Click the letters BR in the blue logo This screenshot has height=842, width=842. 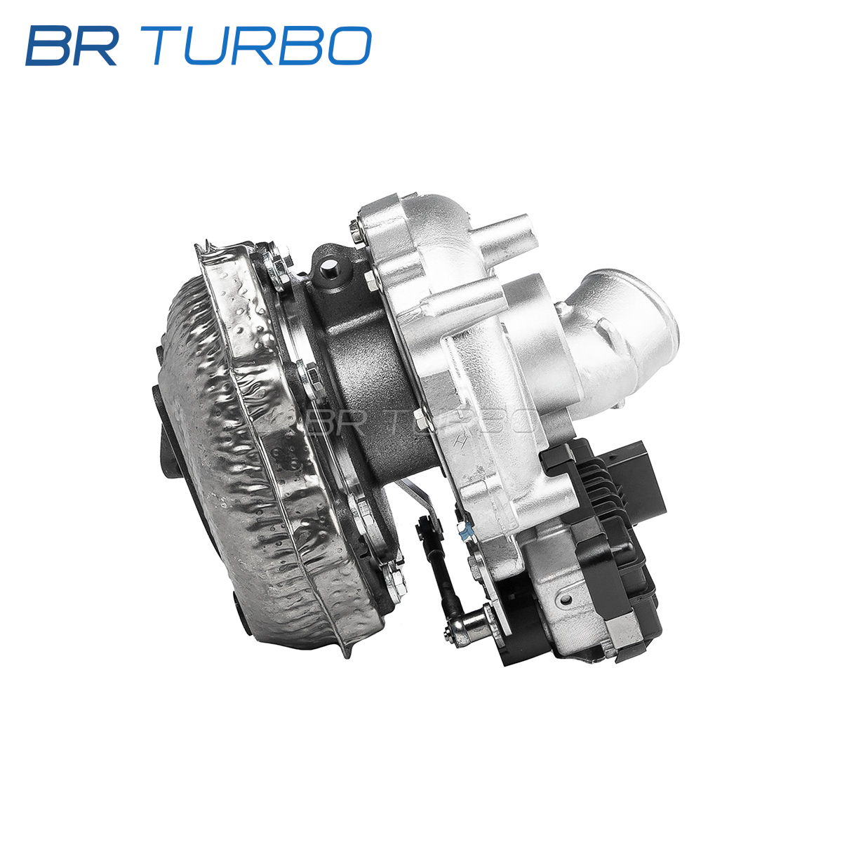pyautogui.click(x=72, y=46)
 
